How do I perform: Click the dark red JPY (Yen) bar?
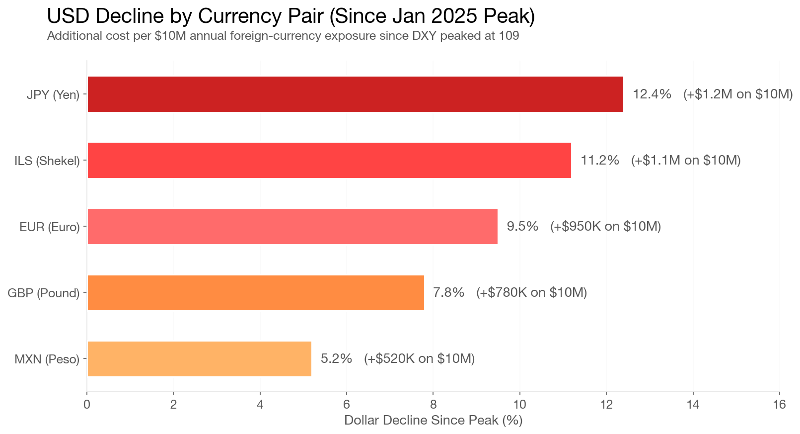click(x=355, y=94)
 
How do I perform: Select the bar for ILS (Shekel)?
click(x=329, y=160)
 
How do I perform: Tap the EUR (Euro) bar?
click(x=292, y=226)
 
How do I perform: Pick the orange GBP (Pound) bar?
click(x=255, y=292)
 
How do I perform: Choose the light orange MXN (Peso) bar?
click(x=199, y=358)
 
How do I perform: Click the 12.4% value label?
click(x=652, y=94)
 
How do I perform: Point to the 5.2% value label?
click(x=336, y=358)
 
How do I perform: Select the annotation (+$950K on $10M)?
click(x=605, y=226)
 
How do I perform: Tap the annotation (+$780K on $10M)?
click(x=531, y=292)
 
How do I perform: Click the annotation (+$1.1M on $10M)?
click(x=685, y=160)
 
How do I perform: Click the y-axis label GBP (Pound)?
click(x=44, y=293)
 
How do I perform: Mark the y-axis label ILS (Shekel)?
click(x=47, y=161)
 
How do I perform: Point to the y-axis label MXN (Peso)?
click(x=47, y=359)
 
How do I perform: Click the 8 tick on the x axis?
click(x=433, y=404)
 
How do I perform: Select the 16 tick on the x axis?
click(x=779, y=404)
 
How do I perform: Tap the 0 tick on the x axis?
click(x=87, y=404)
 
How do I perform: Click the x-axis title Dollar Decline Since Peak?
click(x=433, y=420)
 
